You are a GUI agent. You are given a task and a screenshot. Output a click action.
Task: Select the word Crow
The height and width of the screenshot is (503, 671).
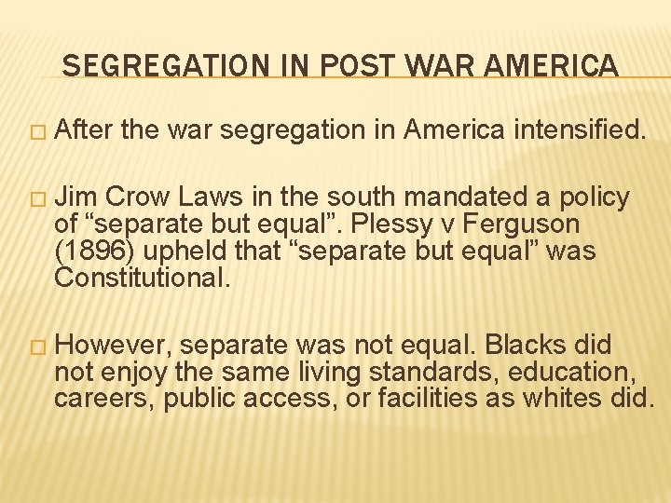click(x=137, y=198)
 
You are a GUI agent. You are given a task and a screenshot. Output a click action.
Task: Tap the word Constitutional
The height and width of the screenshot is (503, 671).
click(x=141, y=279)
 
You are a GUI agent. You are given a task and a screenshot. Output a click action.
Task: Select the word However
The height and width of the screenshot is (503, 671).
click(x=112, y=347)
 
